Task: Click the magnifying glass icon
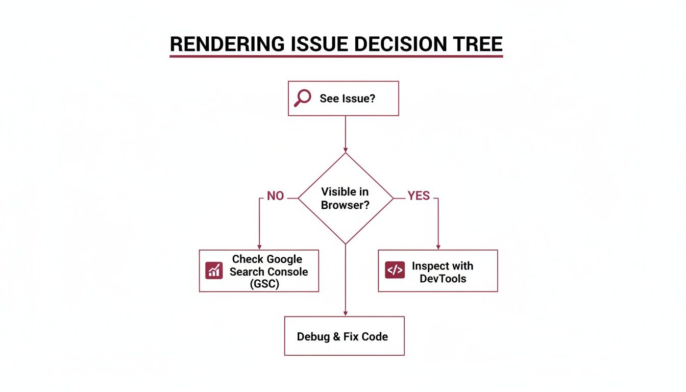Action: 302,98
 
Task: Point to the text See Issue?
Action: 347,99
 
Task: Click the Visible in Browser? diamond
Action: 346,199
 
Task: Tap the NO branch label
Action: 275,197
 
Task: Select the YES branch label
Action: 419,197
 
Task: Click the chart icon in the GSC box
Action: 214,271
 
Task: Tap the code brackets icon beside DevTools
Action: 395,271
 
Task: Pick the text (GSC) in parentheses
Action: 265,284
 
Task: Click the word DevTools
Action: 443,279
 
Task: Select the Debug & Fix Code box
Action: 344,336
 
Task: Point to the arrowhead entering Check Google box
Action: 259,247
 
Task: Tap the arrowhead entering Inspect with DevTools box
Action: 438,247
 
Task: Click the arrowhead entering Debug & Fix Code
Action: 346,313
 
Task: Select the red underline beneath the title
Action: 336,56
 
